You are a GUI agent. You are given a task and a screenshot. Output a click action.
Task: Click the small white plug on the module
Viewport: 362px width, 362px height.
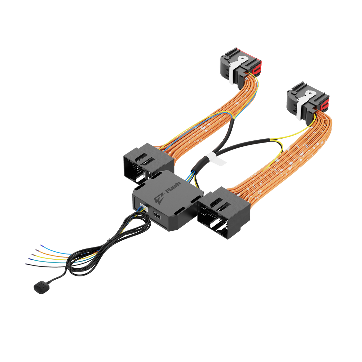pos(143,207)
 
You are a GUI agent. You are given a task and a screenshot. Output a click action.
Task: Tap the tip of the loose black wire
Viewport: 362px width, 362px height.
pos(25,264)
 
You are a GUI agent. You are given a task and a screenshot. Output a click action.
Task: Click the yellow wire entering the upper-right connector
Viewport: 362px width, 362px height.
pos(314,121)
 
